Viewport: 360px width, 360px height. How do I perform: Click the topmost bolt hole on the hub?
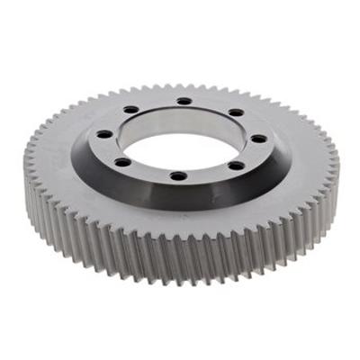(x=184, y=100)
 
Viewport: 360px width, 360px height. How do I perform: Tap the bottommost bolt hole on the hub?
(x=178, y=175)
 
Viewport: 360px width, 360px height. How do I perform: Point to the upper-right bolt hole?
(x=236, y=112)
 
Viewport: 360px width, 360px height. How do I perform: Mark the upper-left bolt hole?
(x=131, y=109)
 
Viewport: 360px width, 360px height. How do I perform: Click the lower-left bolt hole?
(x=121, y=163)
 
